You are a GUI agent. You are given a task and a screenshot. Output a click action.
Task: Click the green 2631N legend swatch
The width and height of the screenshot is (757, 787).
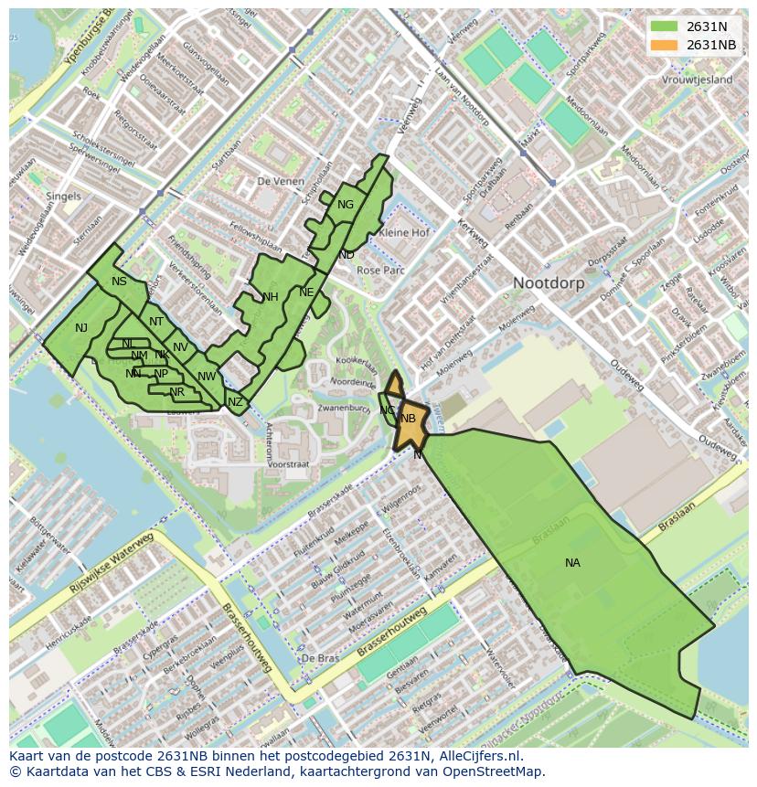click(x=664, y=27)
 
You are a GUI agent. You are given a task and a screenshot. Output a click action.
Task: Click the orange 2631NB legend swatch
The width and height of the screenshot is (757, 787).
click(x=664, y=45)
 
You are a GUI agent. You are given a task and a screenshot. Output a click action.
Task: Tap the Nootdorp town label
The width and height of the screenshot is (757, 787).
click(x=548, y=283)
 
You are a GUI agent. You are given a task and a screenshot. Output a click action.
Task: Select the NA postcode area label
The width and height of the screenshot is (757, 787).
click(x=572, y=563)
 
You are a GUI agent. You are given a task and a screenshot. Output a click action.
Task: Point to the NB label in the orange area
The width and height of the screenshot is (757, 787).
click(x=409, y=419)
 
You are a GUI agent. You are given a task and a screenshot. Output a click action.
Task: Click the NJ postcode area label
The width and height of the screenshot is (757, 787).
click(x=81, y=328)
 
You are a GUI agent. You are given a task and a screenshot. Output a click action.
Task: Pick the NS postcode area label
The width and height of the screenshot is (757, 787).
click(x=119, y=282)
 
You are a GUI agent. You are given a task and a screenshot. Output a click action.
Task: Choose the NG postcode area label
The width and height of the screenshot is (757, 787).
click(x=345, y=205)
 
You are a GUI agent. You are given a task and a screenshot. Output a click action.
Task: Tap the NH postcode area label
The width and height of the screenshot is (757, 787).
click(x=270, y=297)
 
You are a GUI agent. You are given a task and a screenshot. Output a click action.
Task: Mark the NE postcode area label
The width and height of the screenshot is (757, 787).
click(x=306, y=292)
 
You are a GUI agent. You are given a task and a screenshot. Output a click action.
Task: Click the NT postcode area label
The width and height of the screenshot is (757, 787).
click(x=156, y=322)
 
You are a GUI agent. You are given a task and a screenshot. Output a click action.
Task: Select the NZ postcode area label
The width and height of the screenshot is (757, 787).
click(x=235, y=402)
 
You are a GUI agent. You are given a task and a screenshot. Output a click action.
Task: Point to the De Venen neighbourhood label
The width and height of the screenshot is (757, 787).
click(x=280, y=182)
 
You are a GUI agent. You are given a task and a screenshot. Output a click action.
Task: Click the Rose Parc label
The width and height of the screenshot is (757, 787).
click(x=380, y=271)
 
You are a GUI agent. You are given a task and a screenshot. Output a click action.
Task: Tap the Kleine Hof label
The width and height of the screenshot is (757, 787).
click(x=403, y=233)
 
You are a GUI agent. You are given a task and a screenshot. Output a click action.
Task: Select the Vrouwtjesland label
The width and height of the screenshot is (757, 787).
click(x=698, y=80)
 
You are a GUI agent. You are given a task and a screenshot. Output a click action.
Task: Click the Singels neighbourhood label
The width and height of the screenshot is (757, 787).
click(x=63, y=197)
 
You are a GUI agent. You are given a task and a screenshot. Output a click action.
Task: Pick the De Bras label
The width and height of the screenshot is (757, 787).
click(x=320, y=658)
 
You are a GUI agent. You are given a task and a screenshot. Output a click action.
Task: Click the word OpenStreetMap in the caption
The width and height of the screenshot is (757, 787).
click(x=492, y=771)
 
